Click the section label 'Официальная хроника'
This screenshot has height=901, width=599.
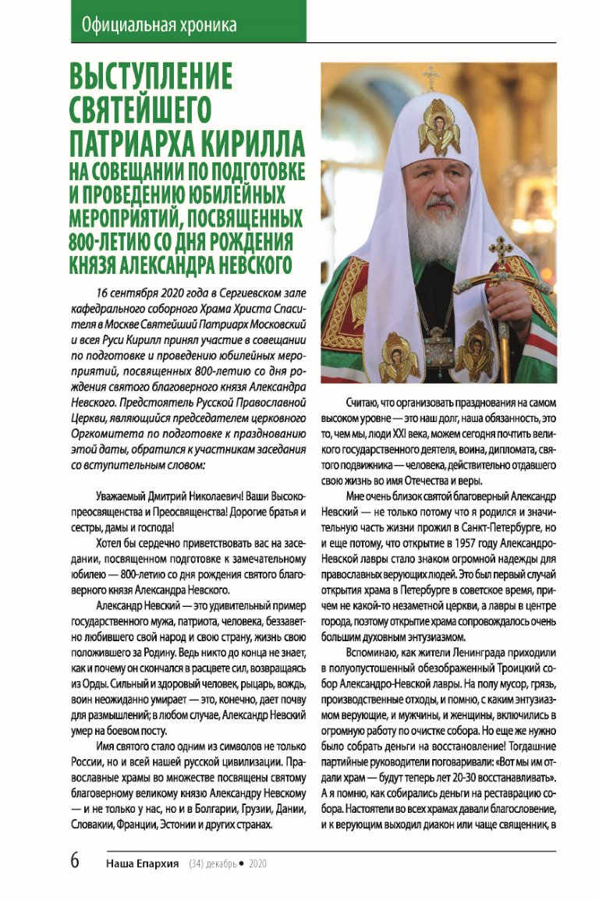(x=158, y=25)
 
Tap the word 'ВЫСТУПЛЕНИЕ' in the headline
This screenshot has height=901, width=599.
(x=151, y=78)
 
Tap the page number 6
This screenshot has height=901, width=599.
(x=76, y=862)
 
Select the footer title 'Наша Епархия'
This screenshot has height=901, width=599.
(x=143, y=864)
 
